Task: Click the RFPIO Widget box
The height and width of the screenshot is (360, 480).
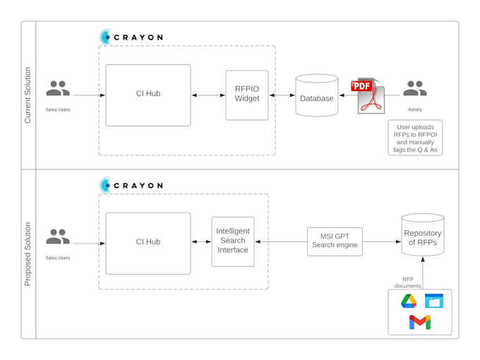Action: click(246, 95)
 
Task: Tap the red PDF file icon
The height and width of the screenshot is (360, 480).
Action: click(368, 95)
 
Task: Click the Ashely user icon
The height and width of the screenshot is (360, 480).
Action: click(415, 89)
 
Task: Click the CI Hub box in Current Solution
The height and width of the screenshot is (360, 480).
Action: click(148, 95)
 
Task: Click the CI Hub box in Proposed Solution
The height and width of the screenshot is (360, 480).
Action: click(148, 243)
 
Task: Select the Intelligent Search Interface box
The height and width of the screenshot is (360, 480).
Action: click(233, 241)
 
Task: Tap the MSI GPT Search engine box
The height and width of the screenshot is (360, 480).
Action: click(335, 241)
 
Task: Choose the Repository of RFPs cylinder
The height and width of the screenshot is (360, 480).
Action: click(422, 235)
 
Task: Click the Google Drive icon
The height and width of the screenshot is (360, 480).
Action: click(409, 301)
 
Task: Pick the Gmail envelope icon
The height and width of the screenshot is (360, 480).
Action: click(420, 323)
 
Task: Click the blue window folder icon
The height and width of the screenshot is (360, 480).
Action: click(434, 301)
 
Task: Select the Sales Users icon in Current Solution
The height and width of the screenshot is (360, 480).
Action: click(58, 89)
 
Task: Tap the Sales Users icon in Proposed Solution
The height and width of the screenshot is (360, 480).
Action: click(58, 237)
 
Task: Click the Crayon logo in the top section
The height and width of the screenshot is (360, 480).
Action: click(131, 37)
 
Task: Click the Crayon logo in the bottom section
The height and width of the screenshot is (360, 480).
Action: click(131, 186)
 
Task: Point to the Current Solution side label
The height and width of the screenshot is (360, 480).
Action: click(28, 95)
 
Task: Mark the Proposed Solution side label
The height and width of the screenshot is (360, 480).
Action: click(28, 254)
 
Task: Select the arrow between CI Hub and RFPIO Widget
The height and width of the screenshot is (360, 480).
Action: click(208, 95)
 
